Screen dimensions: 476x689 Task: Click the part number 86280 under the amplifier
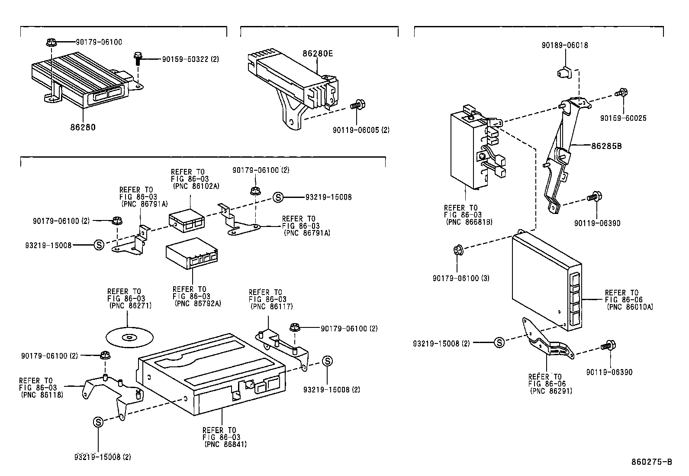(83, 127)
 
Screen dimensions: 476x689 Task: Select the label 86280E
(318, 54)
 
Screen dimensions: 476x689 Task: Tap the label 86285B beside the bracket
(606, 146)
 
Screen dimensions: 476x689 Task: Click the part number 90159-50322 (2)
(190, 59)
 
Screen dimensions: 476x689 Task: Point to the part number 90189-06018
(564, 45)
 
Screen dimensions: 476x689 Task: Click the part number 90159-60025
(623, 118)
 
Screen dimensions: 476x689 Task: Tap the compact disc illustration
(129, 337)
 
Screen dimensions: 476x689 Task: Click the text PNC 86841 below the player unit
(225, 444)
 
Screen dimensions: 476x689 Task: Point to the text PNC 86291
(551, 390)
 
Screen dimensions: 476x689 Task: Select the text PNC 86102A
(196, 186)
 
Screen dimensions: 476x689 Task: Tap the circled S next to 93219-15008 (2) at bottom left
(98, 421)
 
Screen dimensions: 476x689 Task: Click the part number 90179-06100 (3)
(460, 278)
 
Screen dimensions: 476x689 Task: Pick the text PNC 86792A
(198, 303)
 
